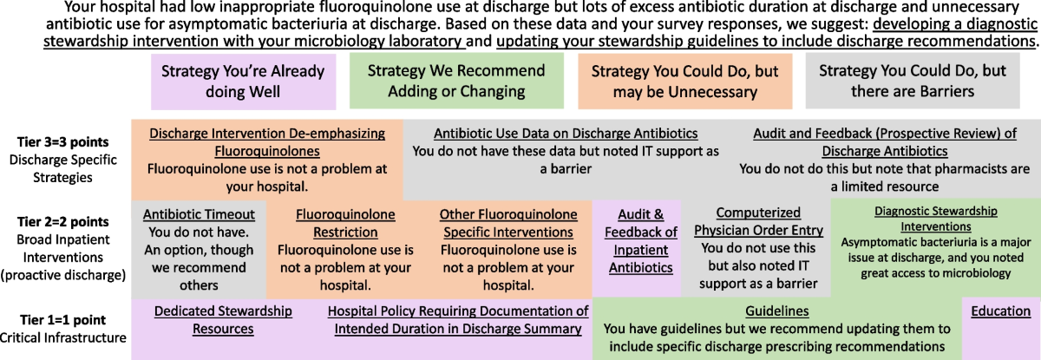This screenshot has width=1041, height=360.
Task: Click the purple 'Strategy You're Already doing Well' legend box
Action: click(x=243, y=82)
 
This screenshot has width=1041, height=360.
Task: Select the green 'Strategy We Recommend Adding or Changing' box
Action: click(x=456, y=81)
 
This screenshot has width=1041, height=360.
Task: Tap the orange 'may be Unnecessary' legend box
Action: click(x=685, y=82)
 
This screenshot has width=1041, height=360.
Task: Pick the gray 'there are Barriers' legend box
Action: click(x=913, y=81)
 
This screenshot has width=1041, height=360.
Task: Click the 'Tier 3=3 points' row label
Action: click(x=62, y=141)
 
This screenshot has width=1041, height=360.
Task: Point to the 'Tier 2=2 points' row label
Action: click(x=62, y=221)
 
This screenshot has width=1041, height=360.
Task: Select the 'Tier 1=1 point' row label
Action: click(x=62, y=320)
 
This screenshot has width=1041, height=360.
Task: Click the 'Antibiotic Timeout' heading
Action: click(x=199, y=214)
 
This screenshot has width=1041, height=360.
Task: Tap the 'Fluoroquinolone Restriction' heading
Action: click(x=345, y=224)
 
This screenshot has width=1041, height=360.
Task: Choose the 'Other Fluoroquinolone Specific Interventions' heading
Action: click(x=508, y=224)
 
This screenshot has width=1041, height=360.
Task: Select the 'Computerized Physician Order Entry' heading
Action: click(x=758, y=221)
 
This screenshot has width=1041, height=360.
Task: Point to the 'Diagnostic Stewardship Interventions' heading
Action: click(x=936, y=219)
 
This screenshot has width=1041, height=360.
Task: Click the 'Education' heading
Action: click(x=1000, y=311)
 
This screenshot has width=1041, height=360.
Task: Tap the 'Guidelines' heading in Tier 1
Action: click(x=777, y=311)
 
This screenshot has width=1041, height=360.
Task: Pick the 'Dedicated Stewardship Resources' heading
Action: click(x=223, y=320)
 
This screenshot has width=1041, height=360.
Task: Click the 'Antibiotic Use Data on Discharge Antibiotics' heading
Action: click(x=566, y=134)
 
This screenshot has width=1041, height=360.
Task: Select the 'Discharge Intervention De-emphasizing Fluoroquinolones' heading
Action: click(x=267, y=142)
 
